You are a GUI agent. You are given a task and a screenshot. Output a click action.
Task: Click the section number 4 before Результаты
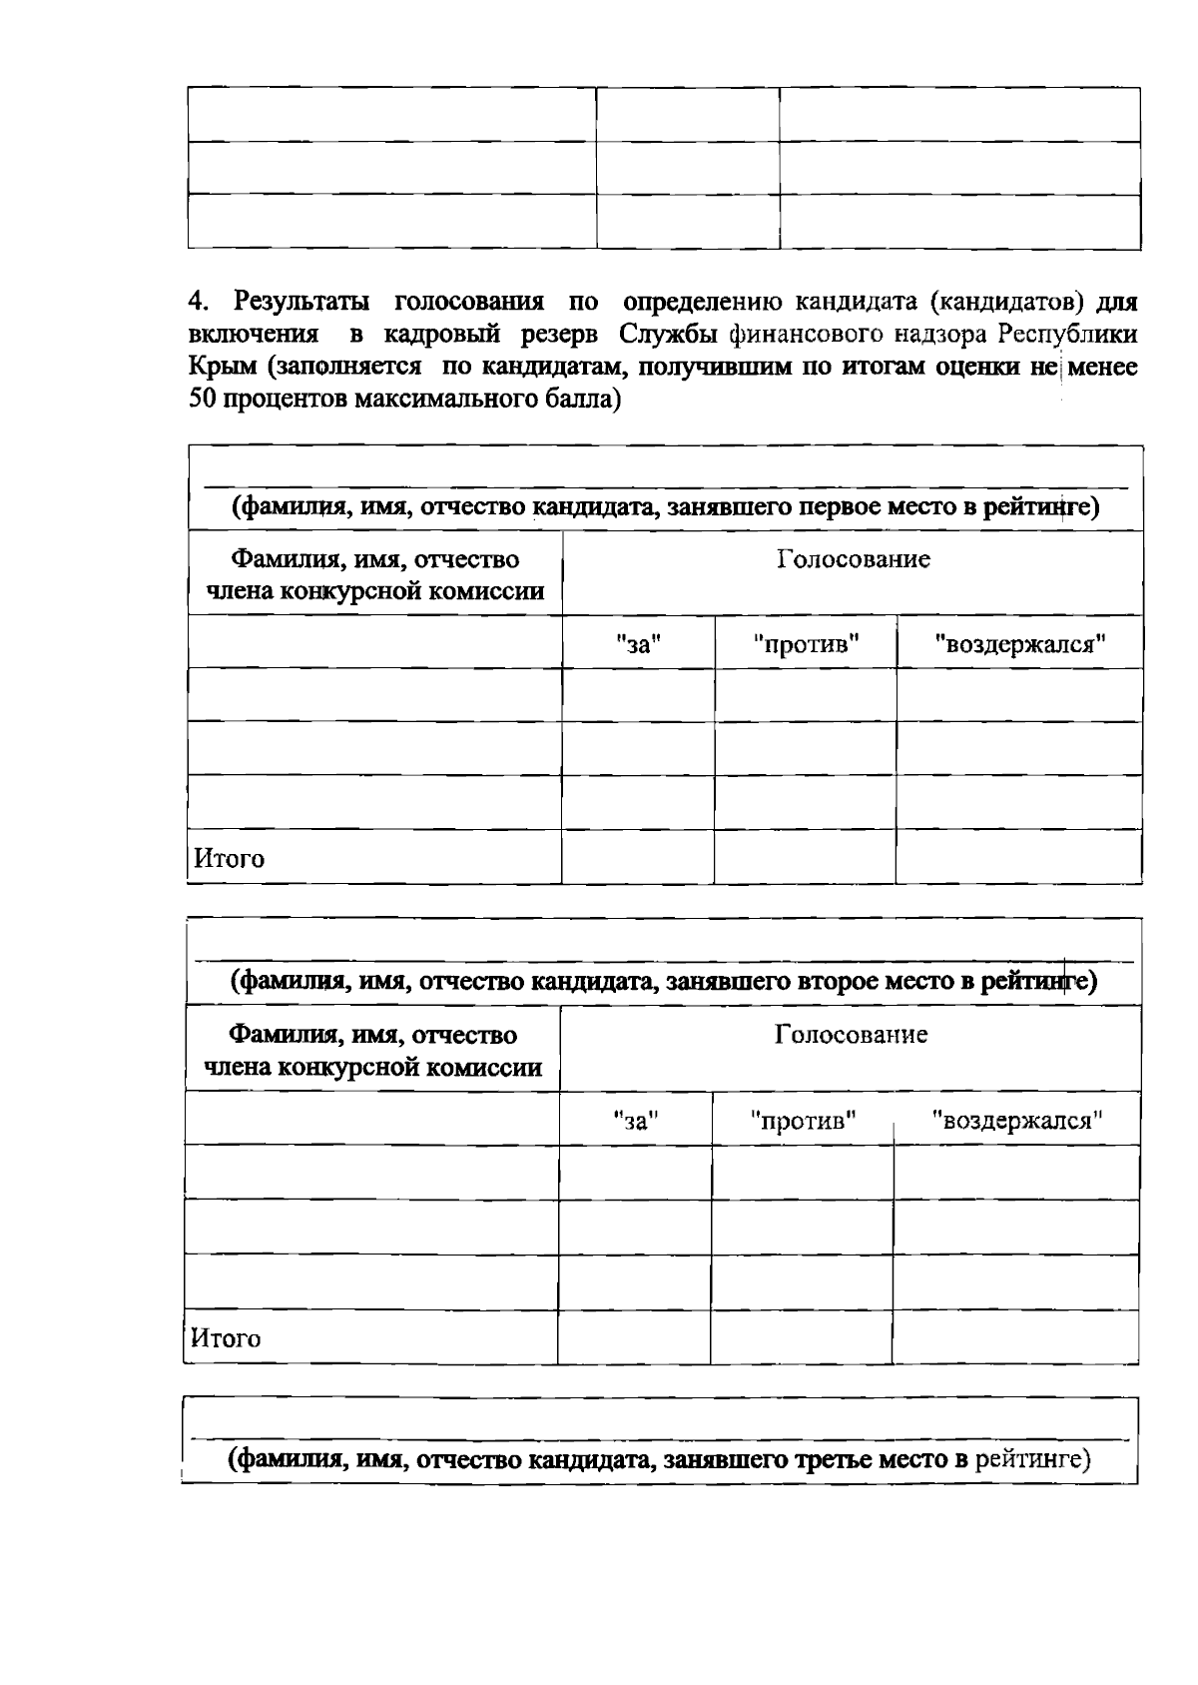click(196, 301)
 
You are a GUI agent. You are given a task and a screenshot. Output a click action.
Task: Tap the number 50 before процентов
click(203, 400)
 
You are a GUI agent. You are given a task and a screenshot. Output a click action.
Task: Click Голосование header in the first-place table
click(854, 559)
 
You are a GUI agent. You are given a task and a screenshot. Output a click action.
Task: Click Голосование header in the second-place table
click(851, 1034)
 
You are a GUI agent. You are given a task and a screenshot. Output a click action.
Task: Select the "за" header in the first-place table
click(639, 644)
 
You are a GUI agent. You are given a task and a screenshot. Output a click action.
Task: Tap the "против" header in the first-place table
click(807, 644)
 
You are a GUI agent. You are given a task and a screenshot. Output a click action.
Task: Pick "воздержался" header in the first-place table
click(1020, 644)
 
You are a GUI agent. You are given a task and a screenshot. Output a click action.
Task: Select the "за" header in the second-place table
click(636, 1120)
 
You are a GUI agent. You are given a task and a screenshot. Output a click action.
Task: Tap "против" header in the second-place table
click(804, 1120)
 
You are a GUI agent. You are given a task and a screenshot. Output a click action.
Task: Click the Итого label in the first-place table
click(229, 858)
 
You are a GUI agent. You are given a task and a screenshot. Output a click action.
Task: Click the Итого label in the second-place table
click(226, 1338)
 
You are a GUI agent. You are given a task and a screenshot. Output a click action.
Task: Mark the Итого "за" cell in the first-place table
click(638, 857)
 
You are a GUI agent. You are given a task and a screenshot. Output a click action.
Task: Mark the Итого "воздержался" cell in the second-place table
click(1015, 1337)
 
